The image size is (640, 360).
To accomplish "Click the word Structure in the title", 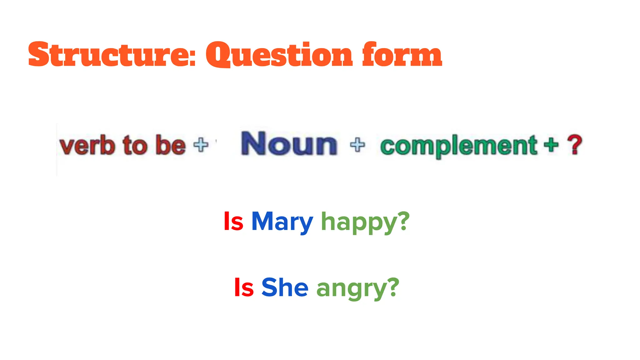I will [x=108, y=55].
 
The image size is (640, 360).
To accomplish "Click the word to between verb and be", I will [x=135, y=145].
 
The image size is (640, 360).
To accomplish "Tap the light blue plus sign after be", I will [x=201, y=145].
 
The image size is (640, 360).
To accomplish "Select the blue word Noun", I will [x=289, y=143].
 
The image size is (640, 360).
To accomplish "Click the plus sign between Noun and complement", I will [x=357, y=145].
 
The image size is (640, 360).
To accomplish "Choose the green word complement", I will [x=458, y=146].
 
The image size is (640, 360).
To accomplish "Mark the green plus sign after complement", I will [x=551, y=145].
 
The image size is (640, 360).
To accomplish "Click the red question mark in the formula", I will [x=575, y=144].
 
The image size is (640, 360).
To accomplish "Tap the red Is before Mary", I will [x=233, y=222].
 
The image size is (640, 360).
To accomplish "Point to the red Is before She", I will [x=244, y=287].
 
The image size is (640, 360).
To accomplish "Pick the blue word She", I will [x=285, y=287].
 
